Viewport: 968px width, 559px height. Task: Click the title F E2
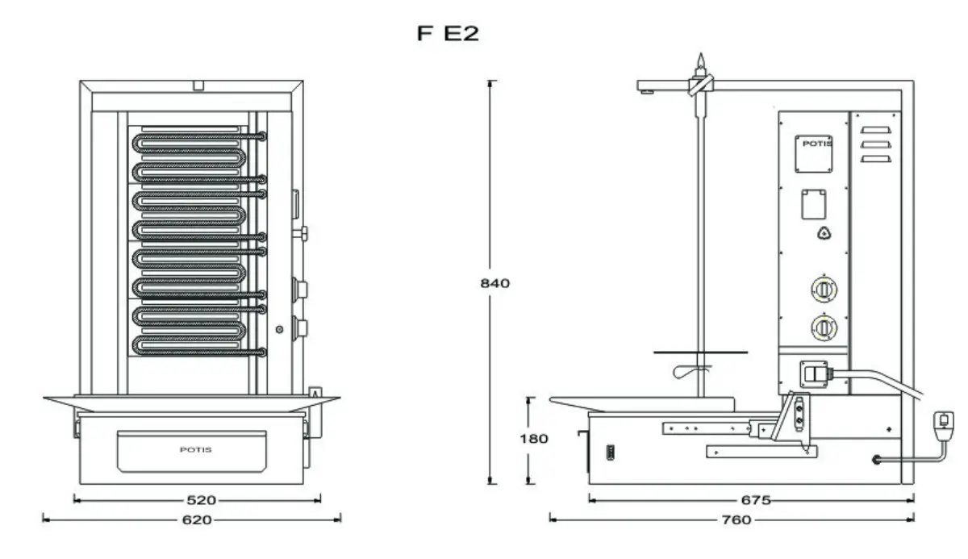click(449, 35)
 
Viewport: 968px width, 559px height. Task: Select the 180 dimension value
click(535, 439)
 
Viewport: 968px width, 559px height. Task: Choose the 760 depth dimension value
click(736, 520)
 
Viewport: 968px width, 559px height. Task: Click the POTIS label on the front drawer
click(196, 449)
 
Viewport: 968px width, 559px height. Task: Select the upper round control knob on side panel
click(821, 288)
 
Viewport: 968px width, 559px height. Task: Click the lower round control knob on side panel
click(821, 327)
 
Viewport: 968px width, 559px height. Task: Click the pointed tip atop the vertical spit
click(701, 60)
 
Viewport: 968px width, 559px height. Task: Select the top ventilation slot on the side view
click(878, 129)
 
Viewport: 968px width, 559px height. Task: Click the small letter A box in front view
click(315, 393)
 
